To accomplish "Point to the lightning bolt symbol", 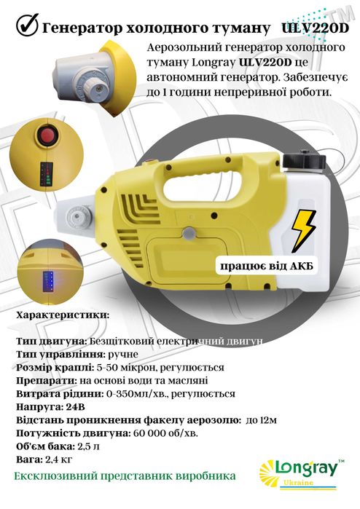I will coord(309,230).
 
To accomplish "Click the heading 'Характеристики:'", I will coord(62,315).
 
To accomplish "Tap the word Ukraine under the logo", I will coord(305,484).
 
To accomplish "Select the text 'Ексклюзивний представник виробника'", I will coord(125,476).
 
